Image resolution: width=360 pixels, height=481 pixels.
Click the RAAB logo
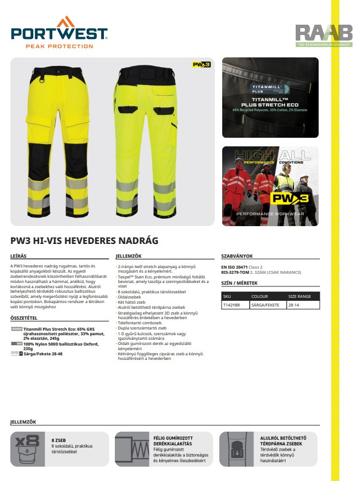316,34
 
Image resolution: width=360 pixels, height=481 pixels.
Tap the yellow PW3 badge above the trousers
201,65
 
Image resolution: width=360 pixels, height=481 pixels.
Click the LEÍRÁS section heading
19,256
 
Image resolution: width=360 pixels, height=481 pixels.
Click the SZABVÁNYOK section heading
237,256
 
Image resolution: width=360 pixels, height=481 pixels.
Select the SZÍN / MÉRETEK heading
239,283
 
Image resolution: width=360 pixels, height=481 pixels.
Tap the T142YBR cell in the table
231,305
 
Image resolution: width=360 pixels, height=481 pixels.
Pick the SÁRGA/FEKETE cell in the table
265,305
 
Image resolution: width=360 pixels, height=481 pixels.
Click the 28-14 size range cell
295,305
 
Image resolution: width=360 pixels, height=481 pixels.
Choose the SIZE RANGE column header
300,297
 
